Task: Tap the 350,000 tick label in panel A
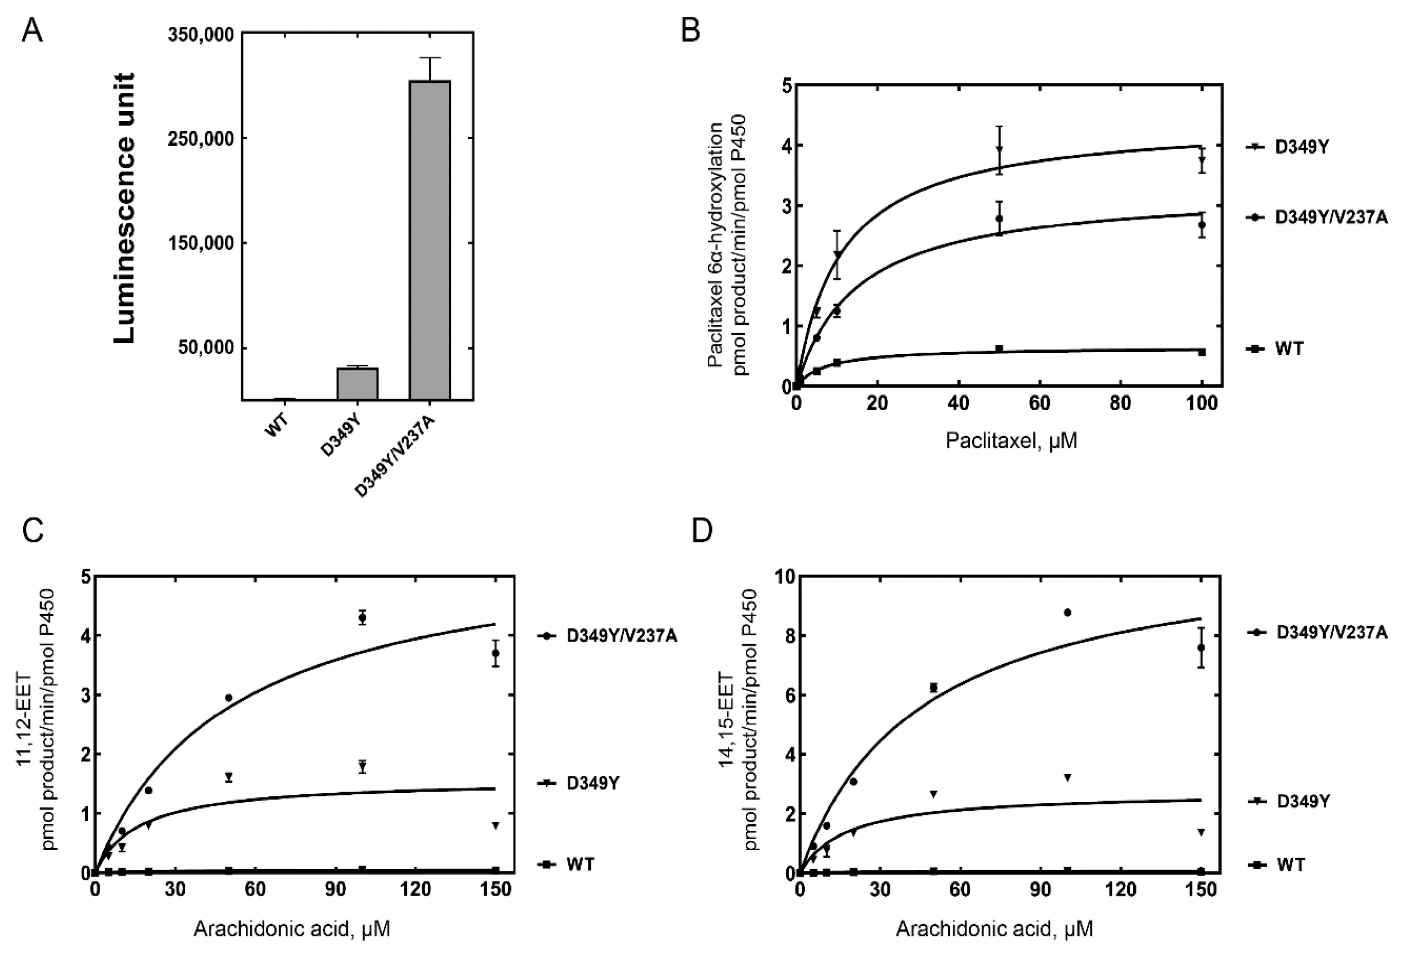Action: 201,34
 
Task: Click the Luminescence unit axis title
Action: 125,208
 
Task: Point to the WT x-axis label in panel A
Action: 277,425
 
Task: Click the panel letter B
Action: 691,30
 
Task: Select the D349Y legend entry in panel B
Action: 1288,147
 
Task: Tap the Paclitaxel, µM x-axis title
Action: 1011,441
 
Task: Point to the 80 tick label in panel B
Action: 1120,403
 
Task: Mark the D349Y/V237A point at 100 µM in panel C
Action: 362,617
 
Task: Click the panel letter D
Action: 702,530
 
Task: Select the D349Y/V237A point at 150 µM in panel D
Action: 1201,648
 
